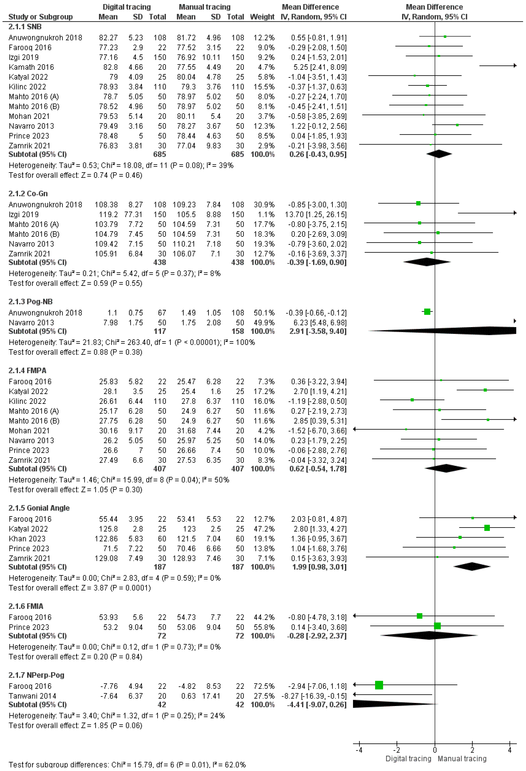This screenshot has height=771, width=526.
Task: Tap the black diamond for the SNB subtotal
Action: [439, 154]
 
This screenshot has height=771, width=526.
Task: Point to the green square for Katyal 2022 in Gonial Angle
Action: [487, 528]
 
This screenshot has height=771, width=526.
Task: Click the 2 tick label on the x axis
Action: [472, 750]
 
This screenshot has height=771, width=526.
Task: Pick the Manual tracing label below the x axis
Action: [462, 759]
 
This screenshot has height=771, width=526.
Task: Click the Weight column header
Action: [262, 17]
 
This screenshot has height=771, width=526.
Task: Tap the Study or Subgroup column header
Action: [40, 17]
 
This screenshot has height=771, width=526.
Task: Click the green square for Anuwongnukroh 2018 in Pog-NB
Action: [427, 312]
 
